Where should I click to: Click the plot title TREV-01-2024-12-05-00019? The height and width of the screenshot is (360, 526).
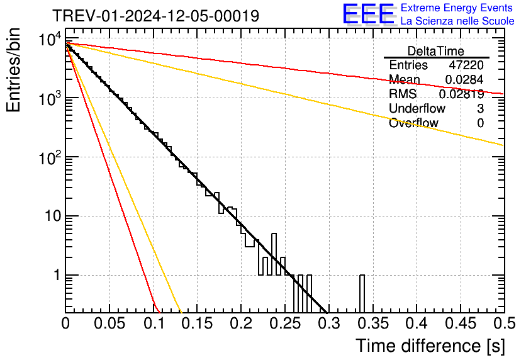pos(155,16)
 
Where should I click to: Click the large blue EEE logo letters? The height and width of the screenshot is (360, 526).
pos(369,14)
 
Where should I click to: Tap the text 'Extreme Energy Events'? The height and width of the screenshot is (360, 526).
pos(457,8)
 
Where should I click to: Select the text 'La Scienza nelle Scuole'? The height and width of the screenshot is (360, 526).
pos(457,21)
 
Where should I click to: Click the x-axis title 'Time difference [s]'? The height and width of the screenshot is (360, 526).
pos(430,346)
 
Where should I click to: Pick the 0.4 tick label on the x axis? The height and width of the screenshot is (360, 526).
pos(416,324)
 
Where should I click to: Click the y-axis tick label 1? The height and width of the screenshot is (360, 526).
pos(53,276)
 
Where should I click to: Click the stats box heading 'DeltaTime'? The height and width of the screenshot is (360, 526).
pos(436,51)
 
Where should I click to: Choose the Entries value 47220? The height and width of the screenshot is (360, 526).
pos(466,65)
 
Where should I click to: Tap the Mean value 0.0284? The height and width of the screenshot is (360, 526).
pos(464,80)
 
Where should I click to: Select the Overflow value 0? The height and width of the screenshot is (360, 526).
pos(480,123)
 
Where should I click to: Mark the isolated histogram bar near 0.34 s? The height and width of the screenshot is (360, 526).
pos(362,293)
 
